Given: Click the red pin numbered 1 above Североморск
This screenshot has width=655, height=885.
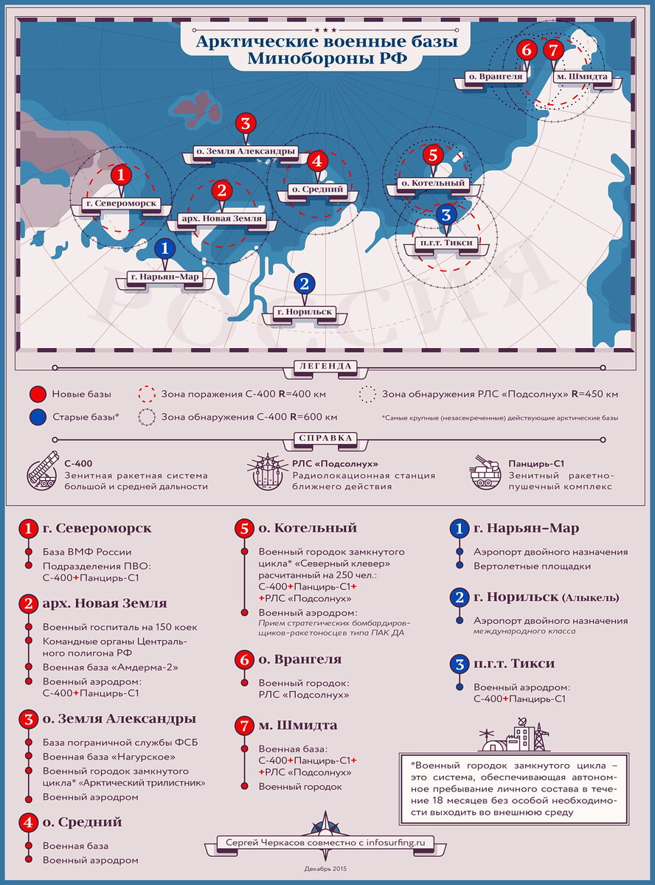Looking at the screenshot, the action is pos(120,175).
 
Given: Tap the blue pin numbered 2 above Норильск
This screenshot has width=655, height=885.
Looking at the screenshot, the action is pos(304,283).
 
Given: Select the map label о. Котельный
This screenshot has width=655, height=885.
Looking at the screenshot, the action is pos(432,182).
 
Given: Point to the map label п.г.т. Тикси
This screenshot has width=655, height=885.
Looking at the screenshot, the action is pos(446,243).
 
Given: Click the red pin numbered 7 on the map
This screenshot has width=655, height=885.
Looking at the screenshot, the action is pos(552,50).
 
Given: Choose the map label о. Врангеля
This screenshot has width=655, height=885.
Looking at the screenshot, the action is pos(495,76).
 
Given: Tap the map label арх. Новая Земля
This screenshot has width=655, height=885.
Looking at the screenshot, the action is pos(221,219).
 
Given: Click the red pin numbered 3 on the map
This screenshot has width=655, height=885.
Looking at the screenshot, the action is pos(246,123).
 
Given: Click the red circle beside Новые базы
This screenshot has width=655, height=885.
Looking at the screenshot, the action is pos(39,394).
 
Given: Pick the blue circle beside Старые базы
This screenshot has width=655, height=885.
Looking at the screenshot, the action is pos(39,417).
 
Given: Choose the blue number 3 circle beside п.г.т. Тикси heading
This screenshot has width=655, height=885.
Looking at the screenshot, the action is pos(459,664).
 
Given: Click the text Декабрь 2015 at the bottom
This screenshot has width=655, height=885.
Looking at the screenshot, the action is pos(325,868).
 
